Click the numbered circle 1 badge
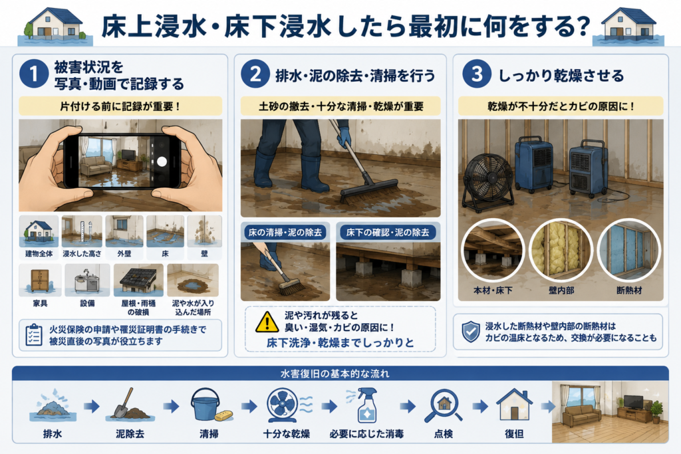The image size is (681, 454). click(x=33, y=74)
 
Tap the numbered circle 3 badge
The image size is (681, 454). click(x=476, y=74)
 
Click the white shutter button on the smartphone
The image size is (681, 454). click(x=162, y=162)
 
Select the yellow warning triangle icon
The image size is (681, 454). click(x=267, y=322)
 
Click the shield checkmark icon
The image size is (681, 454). click(x=471, y=332)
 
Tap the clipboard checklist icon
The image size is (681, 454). click(x=34, y=334)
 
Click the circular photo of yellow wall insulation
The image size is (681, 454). click(x=561, y=250)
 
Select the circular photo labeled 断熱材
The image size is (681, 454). click(x=629, y=250)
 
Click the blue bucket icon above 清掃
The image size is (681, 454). click(x=205, y=405)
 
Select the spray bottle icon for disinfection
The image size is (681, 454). click(x=365, y=405)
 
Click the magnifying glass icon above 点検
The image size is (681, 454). click(x=442, y=406)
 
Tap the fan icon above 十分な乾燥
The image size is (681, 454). click(x=283, y=405)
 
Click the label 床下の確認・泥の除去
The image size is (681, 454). click(x=388, y=233)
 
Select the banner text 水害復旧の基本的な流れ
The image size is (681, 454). click(x=335, y=374)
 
